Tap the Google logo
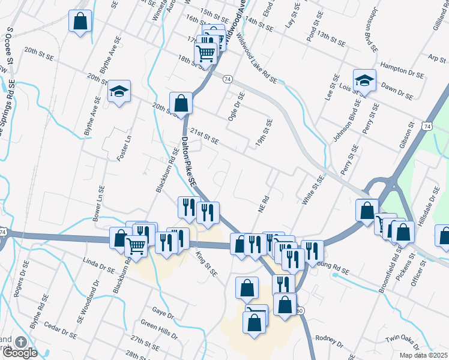click(x=19, y=353)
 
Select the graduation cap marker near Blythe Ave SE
click(x=119, y=92)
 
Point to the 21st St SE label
click(x=204, y=136)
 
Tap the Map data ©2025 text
click(x=424, y=355)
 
